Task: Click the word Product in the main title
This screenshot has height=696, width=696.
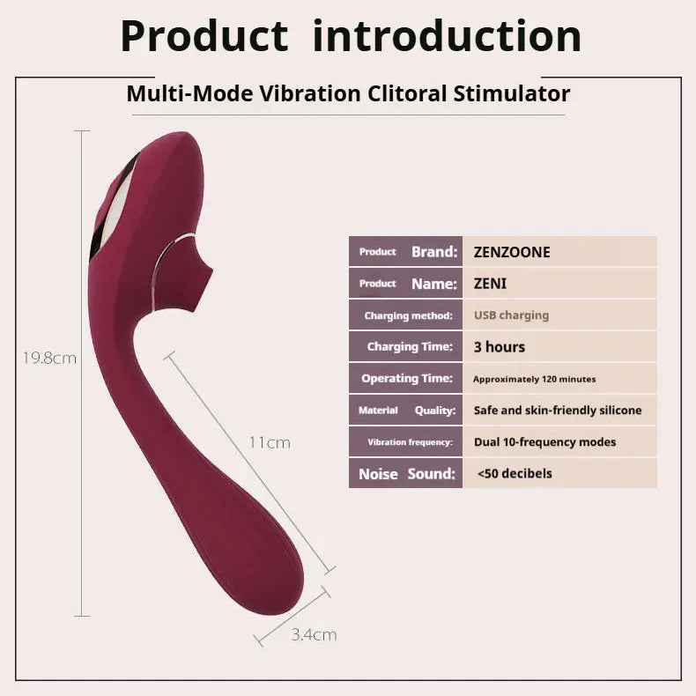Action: (204, 37)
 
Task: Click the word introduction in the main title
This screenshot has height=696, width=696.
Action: (447, 37)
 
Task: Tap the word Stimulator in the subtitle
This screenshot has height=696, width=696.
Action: (510, 93)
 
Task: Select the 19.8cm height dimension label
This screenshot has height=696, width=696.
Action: (50, 359)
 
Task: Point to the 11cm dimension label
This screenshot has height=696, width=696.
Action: (269, 442)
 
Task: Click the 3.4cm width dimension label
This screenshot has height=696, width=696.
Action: (314, 634)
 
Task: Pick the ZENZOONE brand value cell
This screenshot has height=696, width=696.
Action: (559, 252)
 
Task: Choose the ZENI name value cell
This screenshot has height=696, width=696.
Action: (559, 284)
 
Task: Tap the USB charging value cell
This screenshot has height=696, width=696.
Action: (559, 315)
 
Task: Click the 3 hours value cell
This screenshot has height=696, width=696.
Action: (559, 347)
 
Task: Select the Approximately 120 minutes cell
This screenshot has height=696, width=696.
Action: (559, 379)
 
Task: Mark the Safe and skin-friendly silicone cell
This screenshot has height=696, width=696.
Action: (559, 411)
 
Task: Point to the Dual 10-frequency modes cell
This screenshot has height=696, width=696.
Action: (559, 442)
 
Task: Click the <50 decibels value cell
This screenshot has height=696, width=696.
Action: (559, 474)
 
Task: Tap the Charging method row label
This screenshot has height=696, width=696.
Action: (407, 315)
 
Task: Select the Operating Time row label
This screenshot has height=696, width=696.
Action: (407, 379)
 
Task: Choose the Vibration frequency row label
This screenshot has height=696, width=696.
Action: (407, 442)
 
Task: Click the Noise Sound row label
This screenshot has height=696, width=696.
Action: (407, 474)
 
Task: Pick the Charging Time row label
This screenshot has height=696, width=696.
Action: (407, 347)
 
